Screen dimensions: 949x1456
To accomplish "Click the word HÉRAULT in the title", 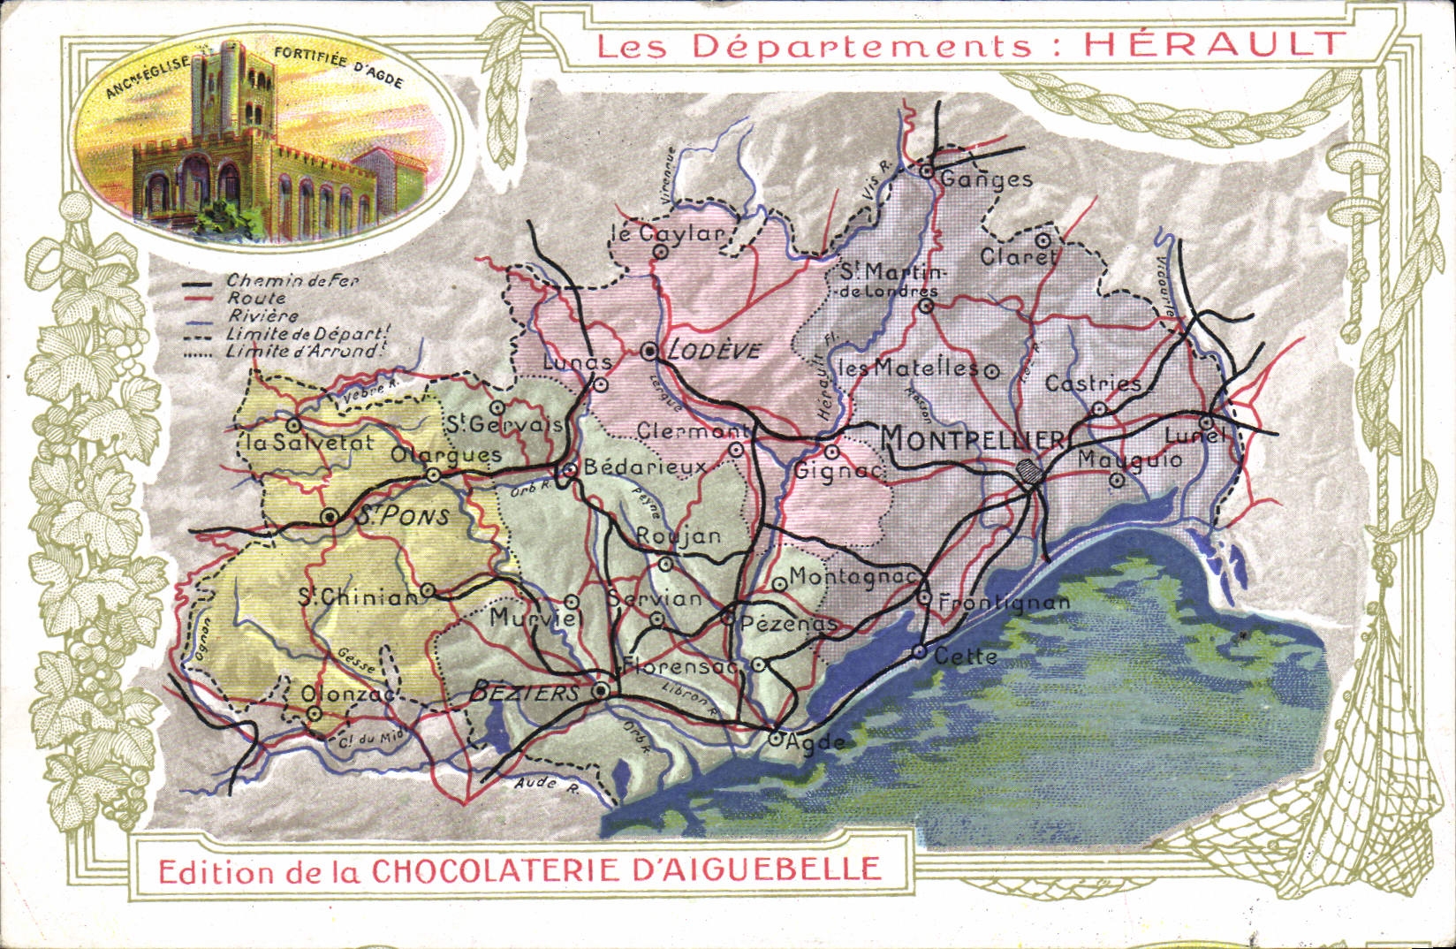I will pos(1215,43).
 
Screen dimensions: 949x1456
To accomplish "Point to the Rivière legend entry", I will pos(262,316).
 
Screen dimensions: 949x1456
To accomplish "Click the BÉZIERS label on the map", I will pos(525,693).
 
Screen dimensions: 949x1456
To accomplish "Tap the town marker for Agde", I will pos(775,739).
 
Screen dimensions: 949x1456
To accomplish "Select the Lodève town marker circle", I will pos(651,352).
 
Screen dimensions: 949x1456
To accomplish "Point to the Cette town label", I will pos(966,657).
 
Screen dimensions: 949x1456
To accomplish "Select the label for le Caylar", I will pos(667,233).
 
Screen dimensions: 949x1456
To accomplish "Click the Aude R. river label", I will pos(545,784).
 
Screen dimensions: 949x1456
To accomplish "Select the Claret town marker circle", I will pos(1043,239).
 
